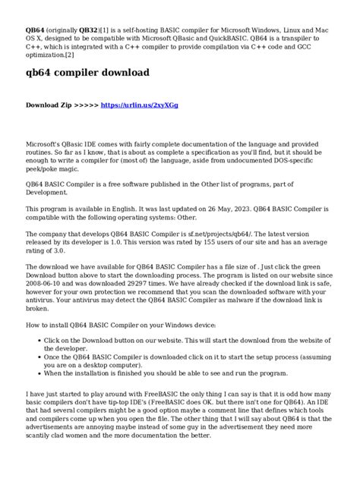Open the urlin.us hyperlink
140,105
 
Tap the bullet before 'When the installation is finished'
38,373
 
